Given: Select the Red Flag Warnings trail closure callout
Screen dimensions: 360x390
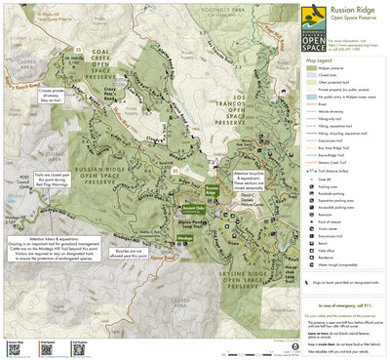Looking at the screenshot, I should (x=59, y=180).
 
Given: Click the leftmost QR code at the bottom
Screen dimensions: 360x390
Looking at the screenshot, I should (x=14, y=348).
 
